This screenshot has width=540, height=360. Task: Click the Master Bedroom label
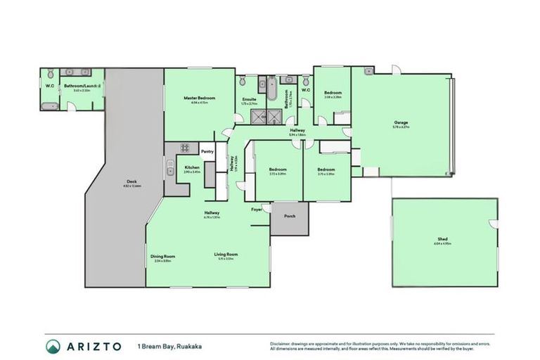click(x=199, y=98)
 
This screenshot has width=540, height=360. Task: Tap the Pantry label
click(x=207, y=151)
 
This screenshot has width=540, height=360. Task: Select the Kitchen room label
click(x=192, y=167)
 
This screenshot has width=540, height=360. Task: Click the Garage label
click(x=401, y=123)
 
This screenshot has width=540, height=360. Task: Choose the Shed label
click(x=442, y=239)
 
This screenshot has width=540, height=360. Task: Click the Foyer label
click(x=257, y=209)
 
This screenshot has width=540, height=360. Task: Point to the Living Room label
click(x=226, y=254)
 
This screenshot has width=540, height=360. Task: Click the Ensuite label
click(x=249, y=99)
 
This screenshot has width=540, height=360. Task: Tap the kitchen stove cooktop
click(x=186, y=148)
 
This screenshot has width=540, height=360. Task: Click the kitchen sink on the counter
click(x=170, y=168)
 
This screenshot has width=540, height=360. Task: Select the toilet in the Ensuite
click(x=242, y=82)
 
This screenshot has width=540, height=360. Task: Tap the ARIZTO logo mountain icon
click(x=53, y=346)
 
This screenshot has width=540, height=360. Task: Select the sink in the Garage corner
click(x=368, y=71)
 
